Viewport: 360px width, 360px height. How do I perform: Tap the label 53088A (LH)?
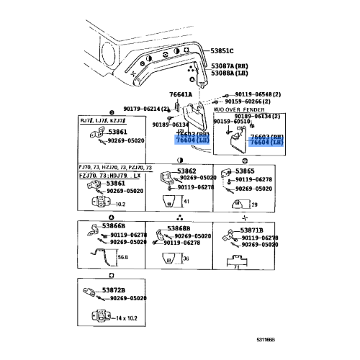233,73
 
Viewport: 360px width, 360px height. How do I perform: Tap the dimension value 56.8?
123,256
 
